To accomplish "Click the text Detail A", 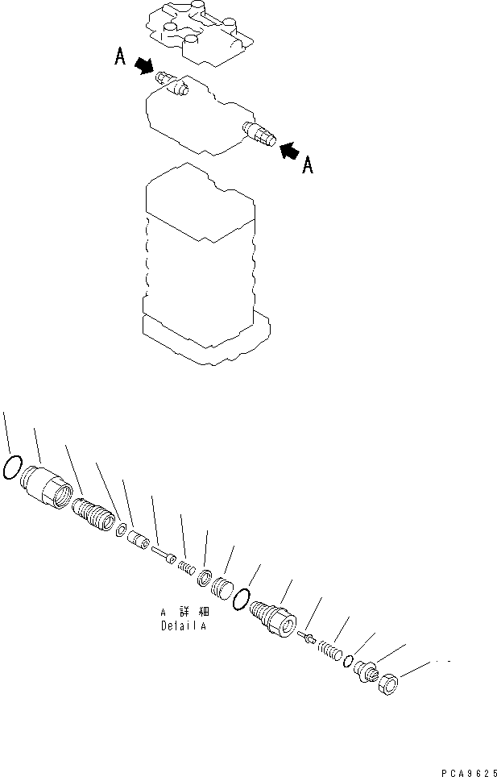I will (x=183, y=626).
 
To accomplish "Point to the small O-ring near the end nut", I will (x=347, y=661).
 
